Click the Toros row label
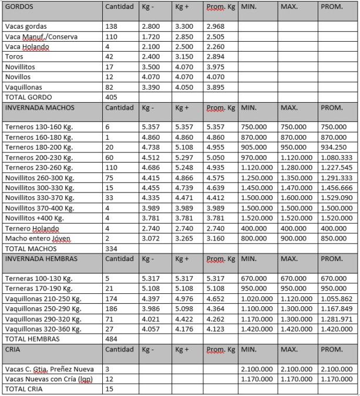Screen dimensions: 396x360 14,56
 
